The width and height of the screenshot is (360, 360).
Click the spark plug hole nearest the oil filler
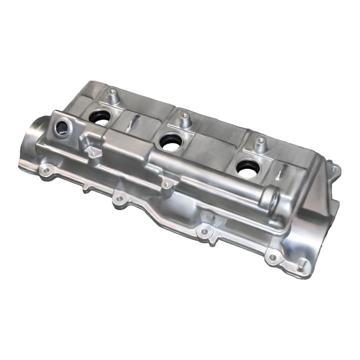pos(100,117)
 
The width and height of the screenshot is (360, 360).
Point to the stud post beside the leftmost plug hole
pos(112,95)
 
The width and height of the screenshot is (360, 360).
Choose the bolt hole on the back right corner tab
pos(333,169)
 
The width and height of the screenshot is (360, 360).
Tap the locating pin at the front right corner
pos(300,267)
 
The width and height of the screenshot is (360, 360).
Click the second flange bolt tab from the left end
pos(119,199)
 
